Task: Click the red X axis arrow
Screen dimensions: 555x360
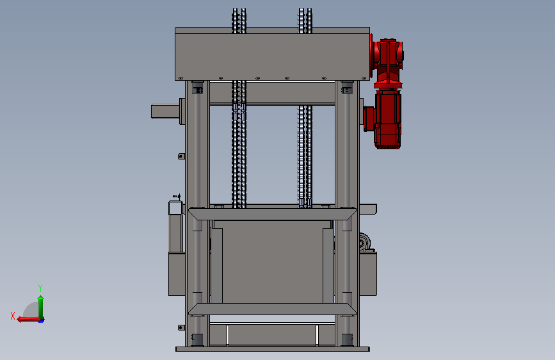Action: [x=28, y=320]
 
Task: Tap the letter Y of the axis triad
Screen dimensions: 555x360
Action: [x=40, y=288]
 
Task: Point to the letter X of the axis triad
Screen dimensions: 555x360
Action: [x=13, y=316]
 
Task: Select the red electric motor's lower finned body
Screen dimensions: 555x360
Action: [x=387, y=119]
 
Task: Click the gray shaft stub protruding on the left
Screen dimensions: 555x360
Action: [x=166, y=111]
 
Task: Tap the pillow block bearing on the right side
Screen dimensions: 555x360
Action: [x=365, y=242]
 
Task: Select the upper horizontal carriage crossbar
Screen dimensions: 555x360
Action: [x=272, y=214]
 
